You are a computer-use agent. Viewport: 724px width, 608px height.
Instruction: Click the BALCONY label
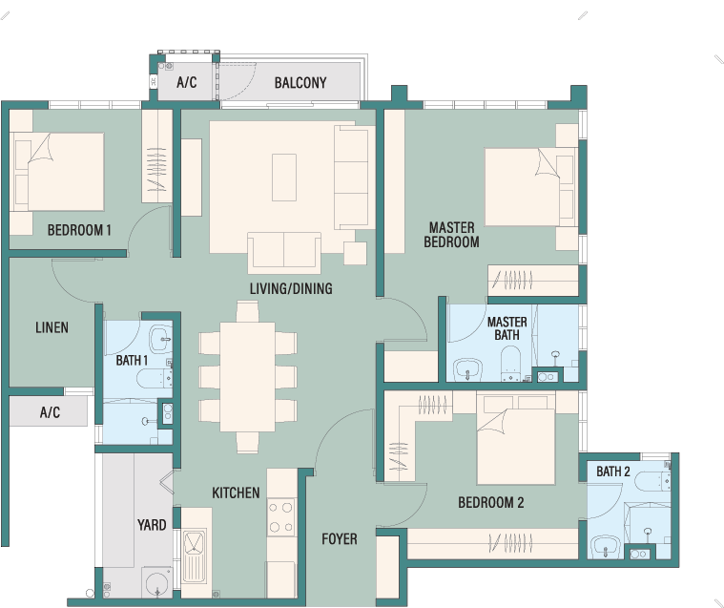(300, 83)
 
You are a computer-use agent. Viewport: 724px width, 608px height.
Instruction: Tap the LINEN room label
(52, 327)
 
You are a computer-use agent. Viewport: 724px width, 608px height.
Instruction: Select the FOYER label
(340, 538)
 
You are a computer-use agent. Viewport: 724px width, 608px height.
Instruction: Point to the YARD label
(152, 525)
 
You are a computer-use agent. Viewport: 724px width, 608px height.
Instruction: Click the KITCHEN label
(236, 493)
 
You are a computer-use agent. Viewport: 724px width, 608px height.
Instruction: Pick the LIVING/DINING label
(291, 289)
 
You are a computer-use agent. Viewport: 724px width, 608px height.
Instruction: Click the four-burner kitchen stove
(281, 517)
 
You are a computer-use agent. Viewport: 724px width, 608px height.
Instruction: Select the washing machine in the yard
(157, 582)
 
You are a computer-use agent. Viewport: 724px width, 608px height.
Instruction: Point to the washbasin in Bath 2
(606, 547)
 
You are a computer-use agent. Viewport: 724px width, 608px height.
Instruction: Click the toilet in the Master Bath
(511, 363)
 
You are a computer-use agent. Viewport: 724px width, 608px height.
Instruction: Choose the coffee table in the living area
(284, 178)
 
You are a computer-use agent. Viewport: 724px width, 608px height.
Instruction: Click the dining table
(247, 376)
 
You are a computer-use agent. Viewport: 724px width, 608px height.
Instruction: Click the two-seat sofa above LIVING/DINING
(284, 252)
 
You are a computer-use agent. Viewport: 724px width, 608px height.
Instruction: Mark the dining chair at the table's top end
(247, 311)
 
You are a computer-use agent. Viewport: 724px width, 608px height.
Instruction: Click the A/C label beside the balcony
(187, 83)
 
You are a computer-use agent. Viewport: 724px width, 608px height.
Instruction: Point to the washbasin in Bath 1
(161, 340)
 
